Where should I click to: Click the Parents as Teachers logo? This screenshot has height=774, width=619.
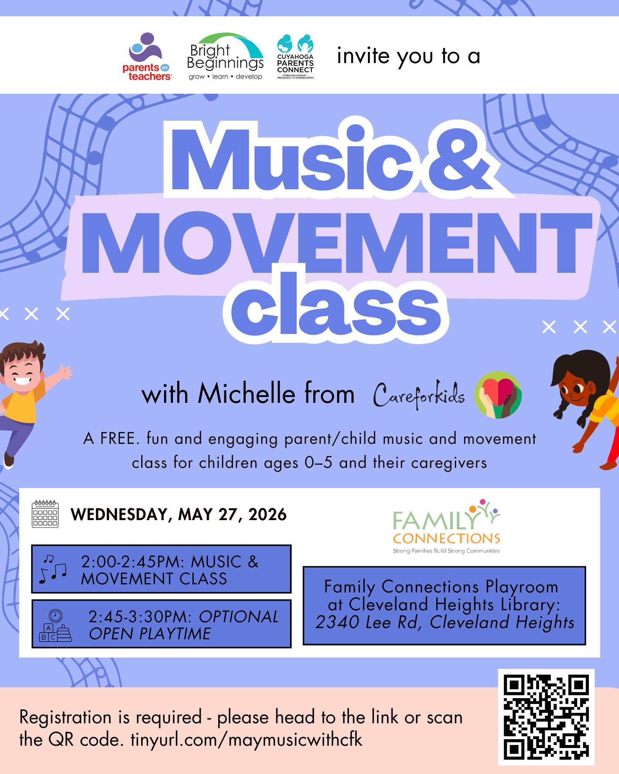147,57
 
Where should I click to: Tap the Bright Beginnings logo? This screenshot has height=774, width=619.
225,57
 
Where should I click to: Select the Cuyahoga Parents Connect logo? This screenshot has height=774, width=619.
295,57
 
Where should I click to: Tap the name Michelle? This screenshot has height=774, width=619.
247,394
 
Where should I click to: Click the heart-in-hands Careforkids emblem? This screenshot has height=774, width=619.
498,395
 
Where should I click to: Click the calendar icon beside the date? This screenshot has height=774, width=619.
45,514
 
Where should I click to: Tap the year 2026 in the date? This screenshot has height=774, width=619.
267,514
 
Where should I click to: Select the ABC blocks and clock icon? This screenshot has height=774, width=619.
56,626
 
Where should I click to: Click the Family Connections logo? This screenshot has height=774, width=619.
446,526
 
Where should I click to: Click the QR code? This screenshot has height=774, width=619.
546,717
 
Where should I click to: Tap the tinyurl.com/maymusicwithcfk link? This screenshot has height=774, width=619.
246,740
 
